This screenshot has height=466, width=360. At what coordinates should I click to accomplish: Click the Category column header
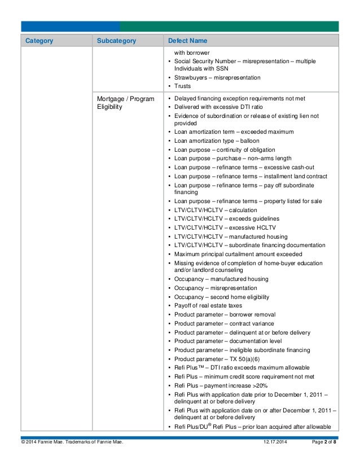point(39,41)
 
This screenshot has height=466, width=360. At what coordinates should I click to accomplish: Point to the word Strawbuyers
point(191,77)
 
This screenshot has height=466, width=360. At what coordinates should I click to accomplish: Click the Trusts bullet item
point(182,86)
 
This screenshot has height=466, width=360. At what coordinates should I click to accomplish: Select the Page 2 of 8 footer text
point(324,449)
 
